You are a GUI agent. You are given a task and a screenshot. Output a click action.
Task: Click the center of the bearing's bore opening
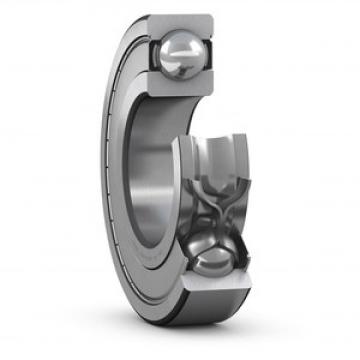[150, 175]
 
